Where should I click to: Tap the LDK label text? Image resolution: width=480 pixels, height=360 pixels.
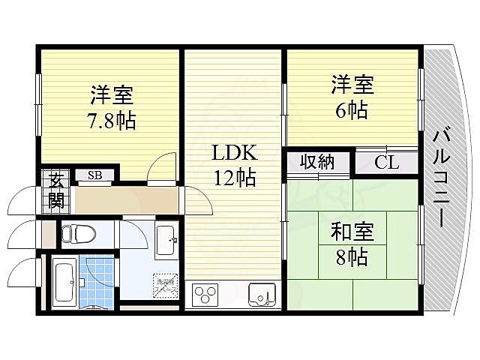click(x=235, y=153)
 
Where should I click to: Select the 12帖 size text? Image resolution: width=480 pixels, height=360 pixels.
click(x=235, y=178)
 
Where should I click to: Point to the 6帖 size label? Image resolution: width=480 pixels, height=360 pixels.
click(x=351, y=109)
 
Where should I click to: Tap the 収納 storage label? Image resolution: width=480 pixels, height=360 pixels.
click(x=317, y=161)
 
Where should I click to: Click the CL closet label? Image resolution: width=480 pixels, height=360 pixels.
click(x=387, y=162)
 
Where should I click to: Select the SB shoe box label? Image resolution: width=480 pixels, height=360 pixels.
click(x=94, y=176)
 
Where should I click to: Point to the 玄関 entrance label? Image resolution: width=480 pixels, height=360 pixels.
click(x=57, y=190)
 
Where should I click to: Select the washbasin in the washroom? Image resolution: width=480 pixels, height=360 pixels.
click(x=166, y=239)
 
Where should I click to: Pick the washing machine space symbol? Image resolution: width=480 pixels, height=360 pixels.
click(x=165, y=283)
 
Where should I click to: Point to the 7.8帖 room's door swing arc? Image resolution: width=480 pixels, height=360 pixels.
click(x=159, y=167)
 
